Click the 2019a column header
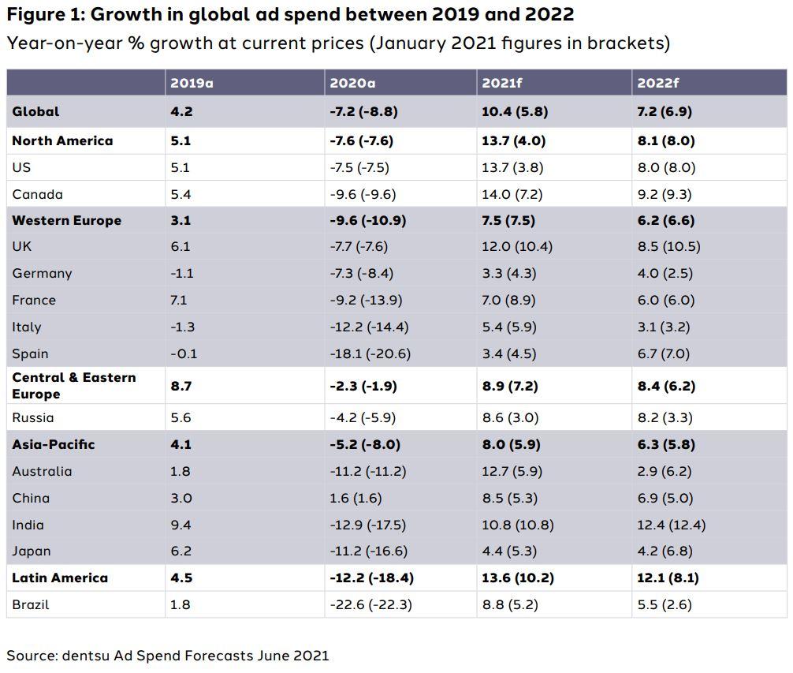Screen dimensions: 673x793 pyautogui.click(x=192, y=83)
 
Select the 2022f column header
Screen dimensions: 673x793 pyautogui.click(x=659, y=83)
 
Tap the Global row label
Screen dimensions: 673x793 pyautogui.click(x=35, y=111)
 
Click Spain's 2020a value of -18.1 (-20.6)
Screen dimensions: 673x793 pyautogui.click(x=370, y=353)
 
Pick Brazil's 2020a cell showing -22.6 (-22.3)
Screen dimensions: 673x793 pyautogui.click(x=370, y=604)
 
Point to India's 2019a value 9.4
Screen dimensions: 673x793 pyautogui.click(x=181, y=525)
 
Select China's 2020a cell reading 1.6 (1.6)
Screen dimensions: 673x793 pyautogui.click(x=356, y=498)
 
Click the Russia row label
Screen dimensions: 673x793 pyautogui.click(x=33, y=417)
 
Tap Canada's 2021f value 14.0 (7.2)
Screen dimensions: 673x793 pyautogui.click(x=515, y=194)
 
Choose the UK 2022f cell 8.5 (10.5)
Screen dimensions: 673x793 pyautogui.click(x=668, y=246)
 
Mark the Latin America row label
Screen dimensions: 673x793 pyautogui.click(x=60, y=578)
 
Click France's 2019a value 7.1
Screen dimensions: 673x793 pyautogui.click(x=180, y=300)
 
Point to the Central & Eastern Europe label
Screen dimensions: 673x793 pyautogui.click(x=73, y=385)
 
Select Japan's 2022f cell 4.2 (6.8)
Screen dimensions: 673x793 pyautogui.click(x=665, y=551)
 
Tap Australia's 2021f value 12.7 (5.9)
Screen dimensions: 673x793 pyautogui.click(x=515, y=471)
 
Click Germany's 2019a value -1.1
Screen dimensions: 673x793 pyautogui.click(x=181, y=273)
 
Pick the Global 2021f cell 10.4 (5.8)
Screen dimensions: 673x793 pyautogui.click(x=516, y=111)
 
